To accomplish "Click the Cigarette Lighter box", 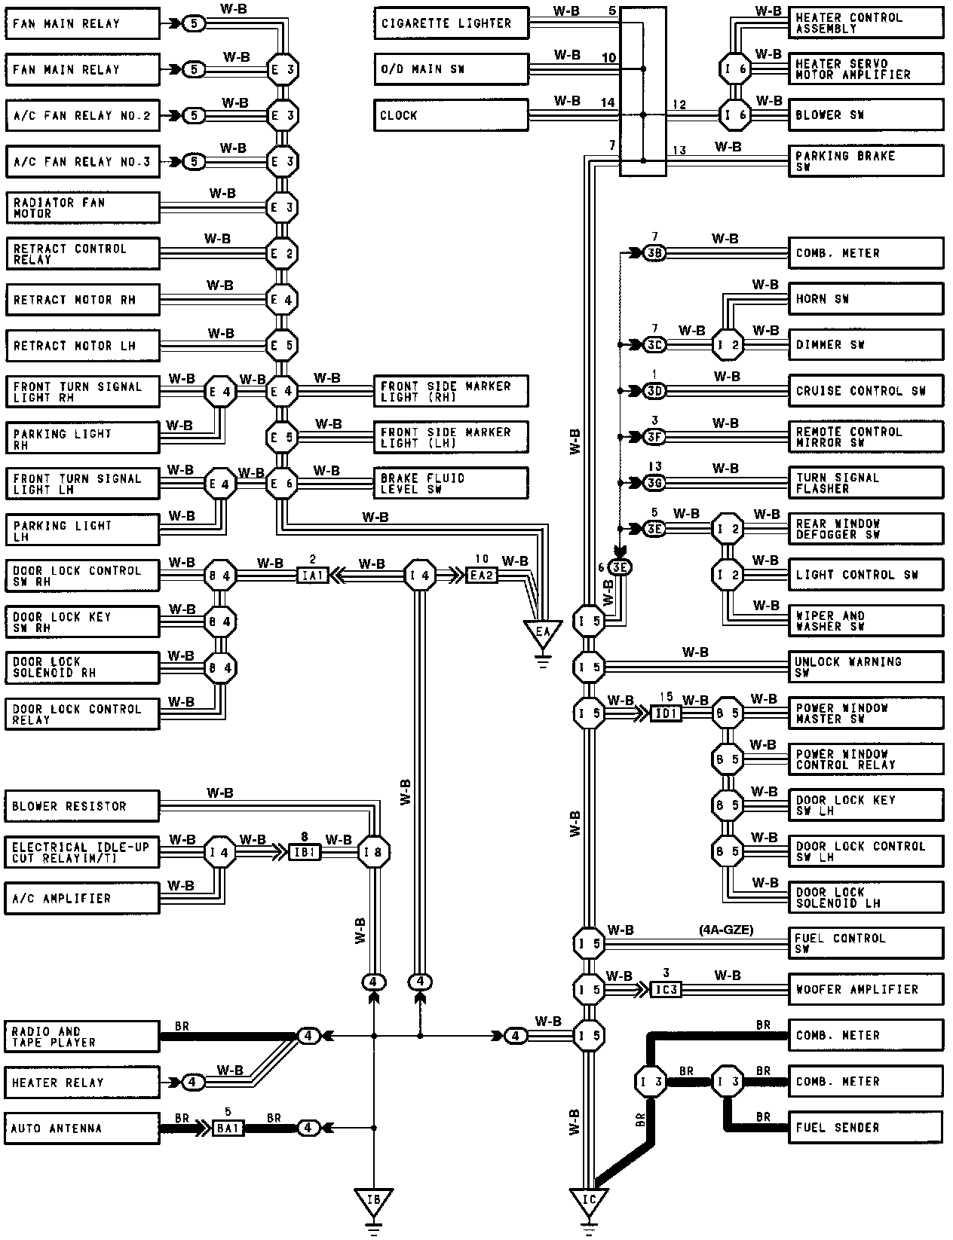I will (451, 23).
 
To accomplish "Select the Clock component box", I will (451, 115).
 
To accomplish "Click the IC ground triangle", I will (590, 1199).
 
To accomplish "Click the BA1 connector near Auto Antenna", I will (227, 1129).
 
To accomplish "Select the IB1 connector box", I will (306, 853).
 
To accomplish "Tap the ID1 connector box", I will (666, 713).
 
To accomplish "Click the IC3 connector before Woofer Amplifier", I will (666, 989).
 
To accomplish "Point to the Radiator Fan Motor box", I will (82, 208).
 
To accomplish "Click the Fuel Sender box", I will (866, 1128).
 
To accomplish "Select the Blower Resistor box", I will (82, 806).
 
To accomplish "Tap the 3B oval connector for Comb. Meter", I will (654, 253).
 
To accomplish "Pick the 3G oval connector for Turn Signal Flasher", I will (654, 483).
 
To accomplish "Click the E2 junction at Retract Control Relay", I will (283, 253).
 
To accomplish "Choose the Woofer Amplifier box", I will (866, 989).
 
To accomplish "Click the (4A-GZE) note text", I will (726, 930).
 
